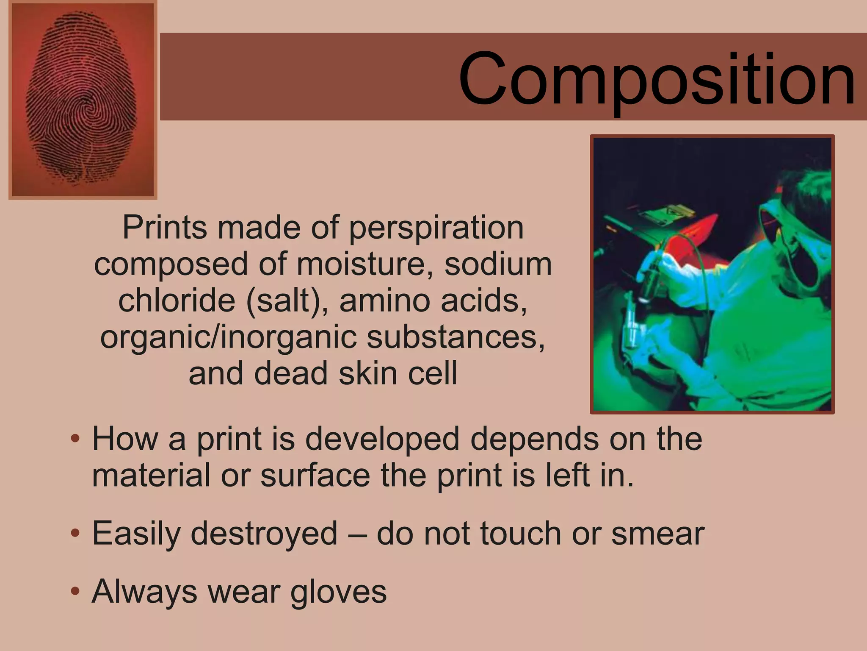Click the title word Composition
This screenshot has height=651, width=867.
[x=656, y=78]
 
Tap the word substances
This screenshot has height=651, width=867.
[x=456, y=337]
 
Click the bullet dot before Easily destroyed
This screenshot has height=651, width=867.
[x=75, y=533]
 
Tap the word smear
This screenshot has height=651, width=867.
[x=658, y=533]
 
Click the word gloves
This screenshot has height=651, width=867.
[x=338, y=592]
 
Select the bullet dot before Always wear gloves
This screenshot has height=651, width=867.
[x=75, y=591]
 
